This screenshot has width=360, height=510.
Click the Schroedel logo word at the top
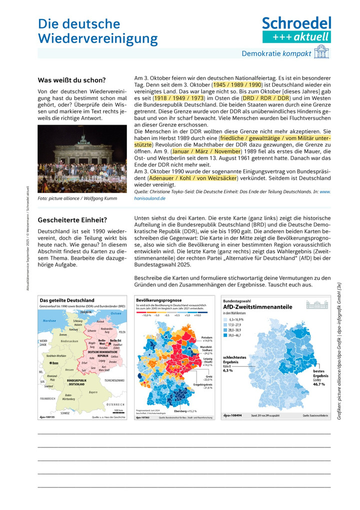[297, 23]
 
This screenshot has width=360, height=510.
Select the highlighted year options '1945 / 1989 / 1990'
[235, 86]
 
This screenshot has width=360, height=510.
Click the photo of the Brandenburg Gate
[82, 159]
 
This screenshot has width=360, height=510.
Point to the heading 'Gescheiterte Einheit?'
[73, 219]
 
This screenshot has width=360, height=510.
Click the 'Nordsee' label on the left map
[49, 320]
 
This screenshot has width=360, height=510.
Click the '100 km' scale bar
[118, 410]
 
